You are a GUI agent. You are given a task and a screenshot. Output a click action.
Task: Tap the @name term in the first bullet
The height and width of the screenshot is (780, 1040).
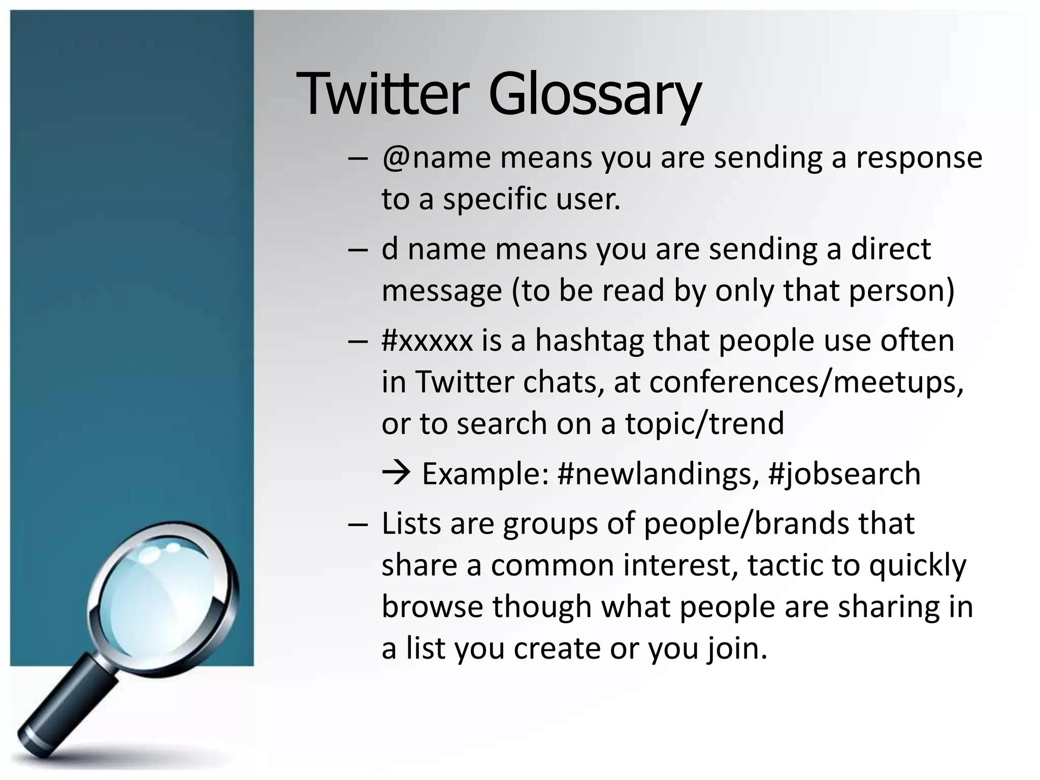pyautogui.click(x=436, y=158)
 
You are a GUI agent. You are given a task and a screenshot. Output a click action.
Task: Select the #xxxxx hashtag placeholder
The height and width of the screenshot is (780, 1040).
pyautogui.click(x=427, y=341)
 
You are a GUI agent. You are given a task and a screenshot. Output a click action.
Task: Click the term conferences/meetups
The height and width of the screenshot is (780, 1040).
pyautogui.click(x=806, y=382)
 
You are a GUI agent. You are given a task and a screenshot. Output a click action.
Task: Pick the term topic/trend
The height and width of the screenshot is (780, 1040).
pyautogui.click(x=704, y=424)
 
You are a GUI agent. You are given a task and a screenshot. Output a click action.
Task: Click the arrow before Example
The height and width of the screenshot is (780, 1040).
pyautogui.click(x=396, y=473)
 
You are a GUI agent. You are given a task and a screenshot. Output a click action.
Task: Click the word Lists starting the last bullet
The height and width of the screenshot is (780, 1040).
pyautogui.click(x=411, y=524)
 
